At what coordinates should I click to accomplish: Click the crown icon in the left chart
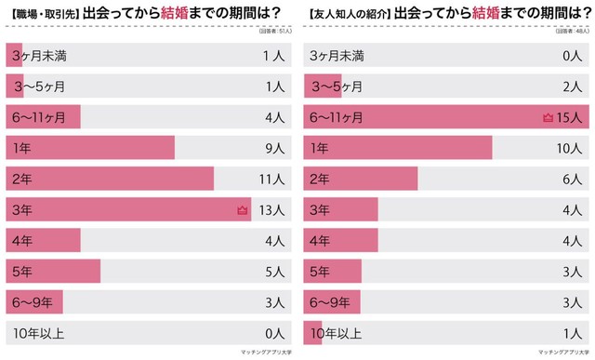coord(244,210)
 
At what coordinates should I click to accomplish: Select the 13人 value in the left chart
coord(271,210)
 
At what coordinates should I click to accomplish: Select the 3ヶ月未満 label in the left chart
coord(38,56)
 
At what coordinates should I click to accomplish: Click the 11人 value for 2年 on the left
coord(271,179)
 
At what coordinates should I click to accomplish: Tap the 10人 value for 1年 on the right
coord(570,148)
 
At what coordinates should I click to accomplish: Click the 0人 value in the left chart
coord(273,332)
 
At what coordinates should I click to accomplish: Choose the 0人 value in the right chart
coord(573,56)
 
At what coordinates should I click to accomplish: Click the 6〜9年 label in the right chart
coord(329,301)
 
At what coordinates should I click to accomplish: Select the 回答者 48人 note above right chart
coord(569,33)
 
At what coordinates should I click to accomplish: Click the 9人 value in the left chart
coord(273,148)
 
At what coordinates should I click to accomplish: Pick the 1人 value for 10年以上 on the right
coord(574,332)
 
